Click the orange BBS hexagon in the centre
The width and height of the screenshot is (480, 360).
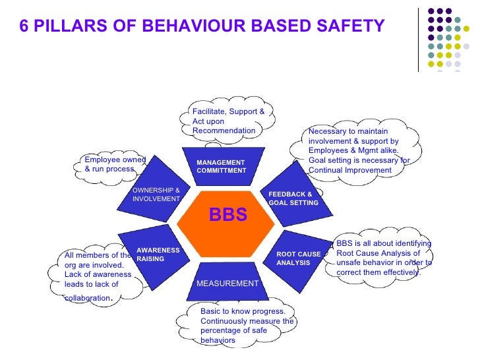(227, 218)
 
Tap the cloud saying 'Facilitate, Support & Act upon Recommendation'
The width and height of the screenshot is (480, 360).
(228, 121)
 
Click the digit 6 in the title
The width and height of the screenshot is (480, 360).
(25, 26)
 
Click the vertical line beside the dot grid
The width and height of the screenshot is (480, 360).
(418, 40)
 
